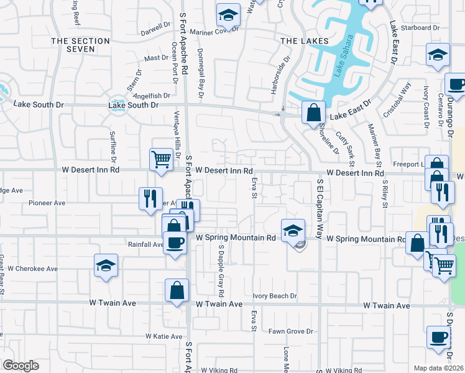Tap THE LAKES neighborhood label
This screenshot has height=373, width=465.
(x=305, y=41)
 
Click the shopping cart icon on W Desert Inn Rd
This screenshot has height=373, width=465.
(x=161, y=159)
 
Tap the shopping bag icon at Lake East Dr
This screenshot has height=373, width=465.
(x=314, y=113)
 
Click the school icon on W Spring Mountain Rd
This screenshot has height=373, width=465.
(x=293, y=231)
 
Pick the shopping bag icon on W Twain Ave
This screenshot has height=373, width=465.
(x=177, y=290)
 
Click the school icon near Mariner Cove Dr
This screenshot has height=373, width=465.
(x=228, y=15)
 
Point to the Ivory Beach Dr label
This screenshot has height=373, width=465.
(x=275, y=297)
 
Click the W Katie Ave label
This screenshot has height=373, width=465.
(x=164, y=336)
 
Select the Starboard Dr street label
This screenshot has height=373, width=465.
(x=420, y=28)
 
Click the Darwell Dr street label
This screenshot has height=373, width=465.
(x=155, y=29)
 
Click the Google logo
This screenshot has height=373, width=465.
(x=21, y=366)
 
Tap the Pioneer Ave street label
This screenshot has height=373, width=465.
(x=47, y=203)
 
